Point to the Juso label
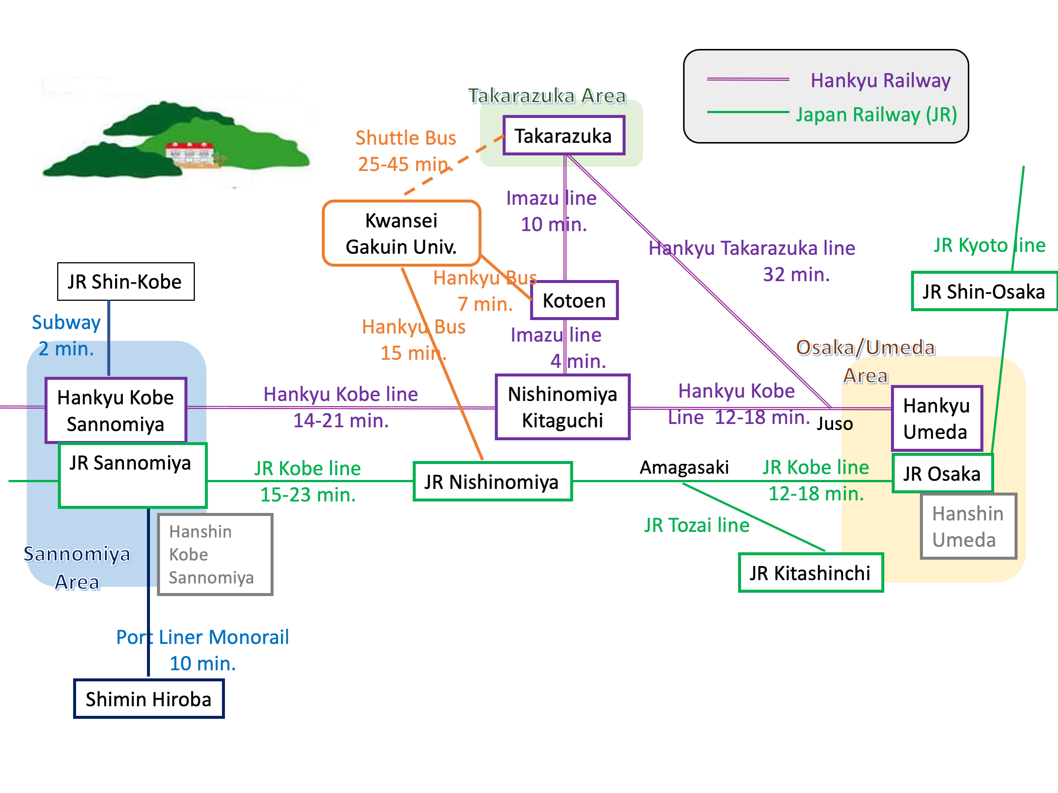(835, 424)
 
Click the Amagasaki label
(684, 467)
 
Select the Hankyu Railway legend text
(881, 80)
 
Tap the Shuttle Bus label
(406, 138)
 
